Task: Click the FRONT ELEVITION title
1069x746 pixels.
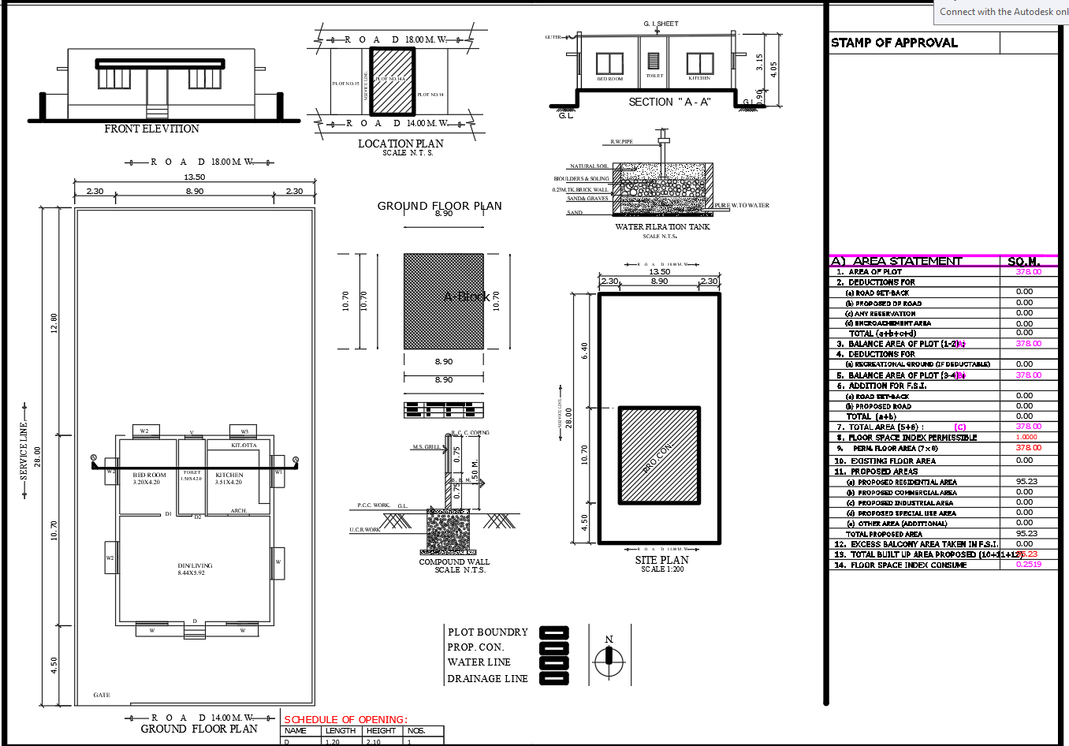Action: [151, 129]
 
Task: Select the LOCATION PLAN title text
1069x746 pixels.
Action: [400, 144]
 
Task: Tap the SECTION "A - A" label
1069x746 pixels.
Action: [669, 102]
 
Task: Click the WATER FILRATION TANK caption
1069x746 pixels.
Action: [662, 227]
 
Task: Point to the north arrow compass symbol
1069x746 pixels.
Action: [609, 661]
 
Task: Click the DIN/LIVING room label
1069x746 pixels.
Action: [195, 566]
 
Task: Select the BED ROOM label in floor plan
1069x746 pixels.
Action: [149, 476]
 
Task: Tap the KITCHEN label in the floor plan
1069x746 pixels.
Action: [229, 476]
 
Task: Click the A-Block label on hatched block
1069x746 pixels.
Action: [467, 297]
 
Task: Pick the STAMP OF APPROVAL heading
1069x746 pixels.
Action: [894, 43]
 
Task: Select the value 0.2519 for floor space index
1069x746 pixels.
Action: [1029, 565]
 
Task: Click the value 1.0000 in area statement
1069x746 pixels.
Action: [1026, 437]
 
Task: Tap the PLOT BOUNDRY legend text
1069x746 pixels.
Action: [487, 632]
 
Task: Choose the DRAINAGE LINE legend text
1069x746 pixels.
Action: [487, 679]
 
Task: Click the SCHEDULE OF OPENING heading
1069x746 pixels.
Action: [345, 719]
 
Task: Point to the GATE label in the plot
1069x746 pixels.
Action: [102, 695]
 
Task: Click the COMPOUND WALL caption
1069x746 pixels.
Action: [454, 562]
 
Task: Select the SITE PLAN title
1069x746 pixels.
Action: [662, 560]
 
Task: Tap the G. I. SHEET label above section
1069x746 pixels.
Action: [661, 24]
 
